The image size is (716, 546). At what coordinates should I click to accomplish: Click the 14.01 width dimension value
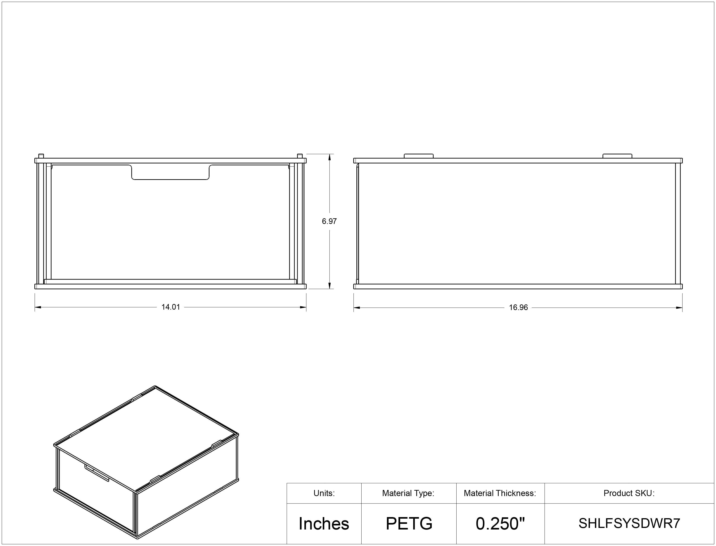pyautogui.click(x=171, y=307)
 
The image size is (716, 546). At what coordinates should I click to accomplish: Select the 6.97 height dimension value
pyautogui.click(x=329, y=221)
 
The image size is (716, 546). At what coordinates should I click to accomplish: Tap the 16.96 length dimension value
pyautogui.click(x=518, y=307)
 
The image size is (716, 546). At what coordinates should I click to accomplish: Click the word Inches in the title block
pyautogui.click(x=324, y=524)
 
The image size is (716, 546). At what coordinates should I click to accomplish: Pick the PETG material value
pyautogui.click(x=409, y=524)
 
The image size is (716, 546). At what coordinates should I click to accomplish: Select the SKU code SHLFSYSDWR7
pyautogui.click(x=629, y=523)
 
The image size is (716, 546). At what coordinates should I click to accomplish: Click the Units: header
pyautogui.click(x=324, y=493)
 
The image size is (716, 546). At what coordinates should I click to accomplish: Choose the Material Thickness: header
pyautogui.click(x=500, y=493)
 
